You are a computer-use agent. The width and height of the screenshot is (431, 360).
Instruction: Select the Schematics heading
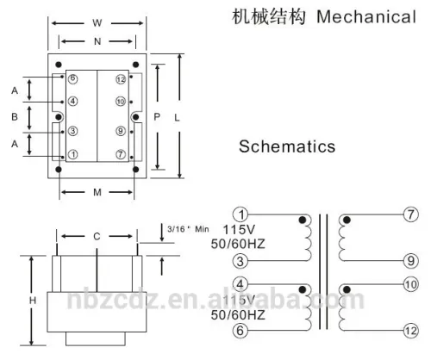click(x=287, y=147)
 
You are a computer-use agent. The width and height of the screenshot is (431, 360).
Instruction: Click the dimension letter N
click(x=97, y=40)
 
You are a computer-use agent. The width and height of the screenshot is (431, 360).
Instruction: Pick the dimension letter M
click(x=97, y=192)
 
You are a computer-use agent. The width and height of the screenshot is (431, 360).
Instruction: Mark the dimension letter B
click(x=15, y=115)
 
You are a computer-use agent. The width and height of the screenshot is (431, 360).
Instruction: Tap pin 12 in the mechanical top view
click(x=121, y=79)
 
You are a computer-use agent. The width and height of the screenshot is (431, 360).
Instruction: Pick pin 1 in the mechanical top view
click(x=73, y=155)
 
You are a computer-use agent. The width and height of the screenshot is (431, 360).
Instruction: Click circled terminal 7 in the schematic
click(x=409, y=214)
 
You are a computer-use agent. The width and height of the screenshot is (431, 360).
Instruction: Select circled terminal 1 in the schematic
click(x=243, y=214)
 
